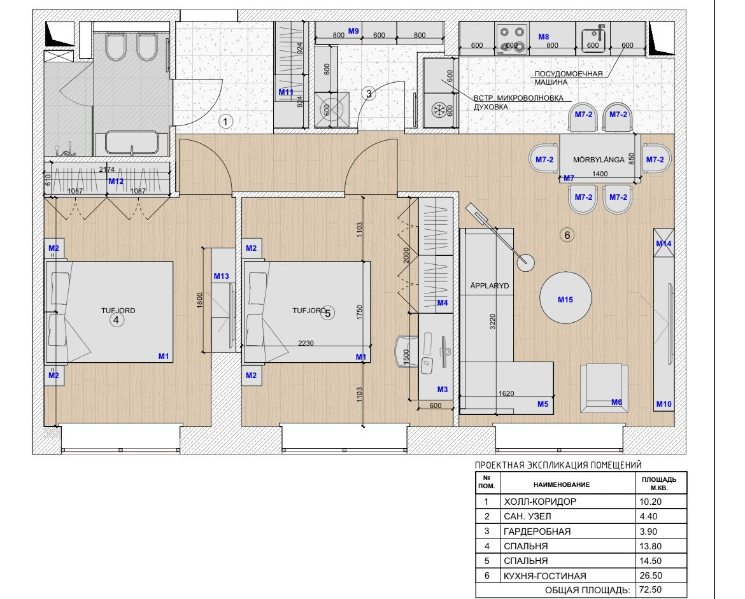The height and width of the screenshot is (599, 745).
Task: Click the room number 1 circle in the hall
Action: point(225,122)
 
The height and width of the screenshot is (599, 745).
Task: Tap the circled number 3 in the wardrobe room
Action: point(369,94)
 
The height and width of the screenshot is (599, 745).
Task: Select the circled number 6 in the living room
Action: point(566,235)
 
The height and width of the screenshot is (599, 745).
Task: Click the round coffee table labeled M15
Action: point(565,298)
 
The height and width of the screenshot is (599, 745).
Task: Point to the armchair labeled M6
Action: point(604,388)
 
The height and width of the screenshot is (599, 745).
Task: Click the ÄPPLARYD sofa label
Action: point(489,285)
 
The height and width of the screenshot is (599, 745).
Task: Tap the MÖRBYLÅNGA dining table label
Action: point(598,160)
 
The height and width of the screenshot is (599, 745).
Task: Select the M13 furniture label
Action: point(222,276)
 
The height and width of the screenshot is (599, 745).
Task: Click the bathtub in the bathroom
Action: point(132,143)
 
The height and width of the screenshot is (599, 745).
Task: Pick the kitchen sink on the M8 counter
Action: point(593,39)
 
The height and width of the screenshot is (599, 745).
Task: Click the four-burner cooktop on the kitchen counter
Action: point(512,39)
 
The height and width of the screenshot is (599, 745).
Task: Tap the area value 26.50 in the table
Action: point(651,575)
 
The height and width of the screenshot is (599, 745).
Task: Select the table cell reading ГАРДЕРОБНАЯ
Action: point(537,531)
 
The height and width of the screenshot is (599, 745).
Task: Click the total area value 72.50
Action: point(651,589)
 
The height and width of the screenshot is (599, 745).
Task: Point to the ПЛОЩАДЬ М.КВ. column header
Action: point(659,484)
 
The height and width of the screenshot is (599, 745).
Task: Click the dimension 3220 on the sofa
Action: point(492,321)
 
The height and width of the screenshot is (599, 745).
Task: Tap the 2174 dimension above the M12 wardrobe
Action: point(107,169)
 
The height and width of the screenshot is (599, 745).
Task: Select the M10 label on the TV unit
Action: point(663,404)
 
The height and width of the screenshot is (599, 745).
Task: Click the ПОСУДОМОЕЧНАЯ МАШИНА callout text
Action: point(568,78)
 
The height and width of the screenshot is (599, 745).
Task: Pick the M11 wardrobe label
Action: point(285,92)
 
